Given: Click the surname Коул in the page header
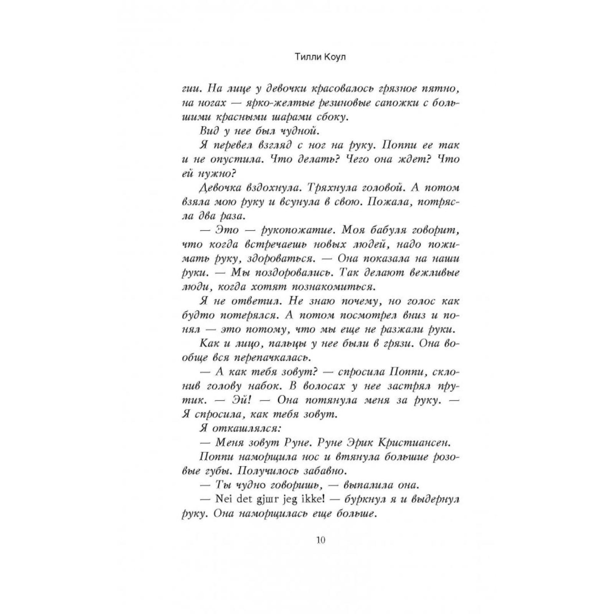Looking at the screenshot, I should click(335, 57).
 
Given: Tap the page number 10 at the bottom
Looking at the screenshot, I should click(321, 540).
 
